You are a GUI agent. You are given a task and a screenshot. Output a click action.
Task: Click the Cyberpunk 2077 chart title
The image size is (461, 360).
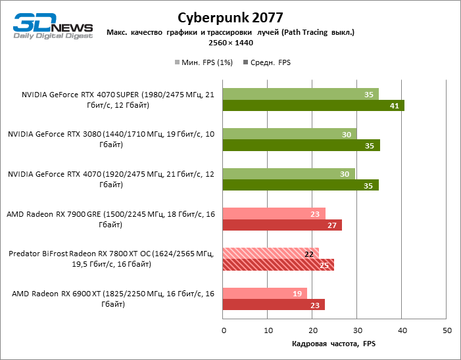point(230,16)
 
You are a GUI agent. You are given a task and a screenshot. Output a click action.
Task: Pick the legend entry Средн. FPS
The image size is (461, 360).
point(267,63)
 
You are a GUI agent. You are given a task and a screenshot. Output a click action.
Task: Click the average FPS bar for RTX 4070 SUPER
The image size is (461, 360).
point(314,106)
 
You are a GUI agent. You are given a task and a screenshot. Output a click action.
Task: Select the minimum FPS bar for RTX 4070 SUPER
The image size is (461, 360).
point(301,94)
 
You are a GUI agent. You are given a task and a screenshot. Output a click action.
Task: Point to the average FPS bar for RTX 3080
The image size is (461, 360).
point(301,146)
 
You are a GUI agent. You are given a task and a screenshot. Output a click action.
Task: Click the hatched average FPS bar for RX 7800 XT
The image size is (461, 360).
point(279,265)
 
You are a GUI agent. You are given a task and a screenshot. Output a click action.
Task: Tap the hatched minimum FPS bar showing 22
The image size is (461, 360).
point(271,254)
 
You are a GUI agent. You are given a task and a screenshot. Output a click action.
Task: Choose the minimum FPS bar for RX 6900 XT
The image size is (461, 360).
point(265,294)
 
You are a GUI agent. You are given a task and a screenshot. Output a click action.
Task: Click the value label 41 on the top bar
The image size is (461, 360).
point(395,106)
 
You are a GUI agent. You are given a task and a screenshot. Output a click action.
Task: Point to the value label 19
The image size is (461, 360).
point(297,294)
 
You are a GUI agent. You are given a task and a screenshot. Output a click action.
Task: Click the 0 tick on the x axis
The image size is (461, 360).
point(224,330)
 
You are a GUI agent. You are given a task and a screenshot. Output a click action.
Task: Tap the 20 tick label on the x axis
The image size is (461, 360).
point(312,330)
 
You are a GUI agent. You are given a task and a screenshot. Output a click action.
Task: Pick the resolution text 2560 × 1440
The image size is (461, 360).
point(230,43)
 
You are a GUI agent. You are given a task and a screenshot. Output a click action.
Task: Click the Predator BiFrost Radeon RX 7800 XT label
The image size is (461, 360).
point(111,259)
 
